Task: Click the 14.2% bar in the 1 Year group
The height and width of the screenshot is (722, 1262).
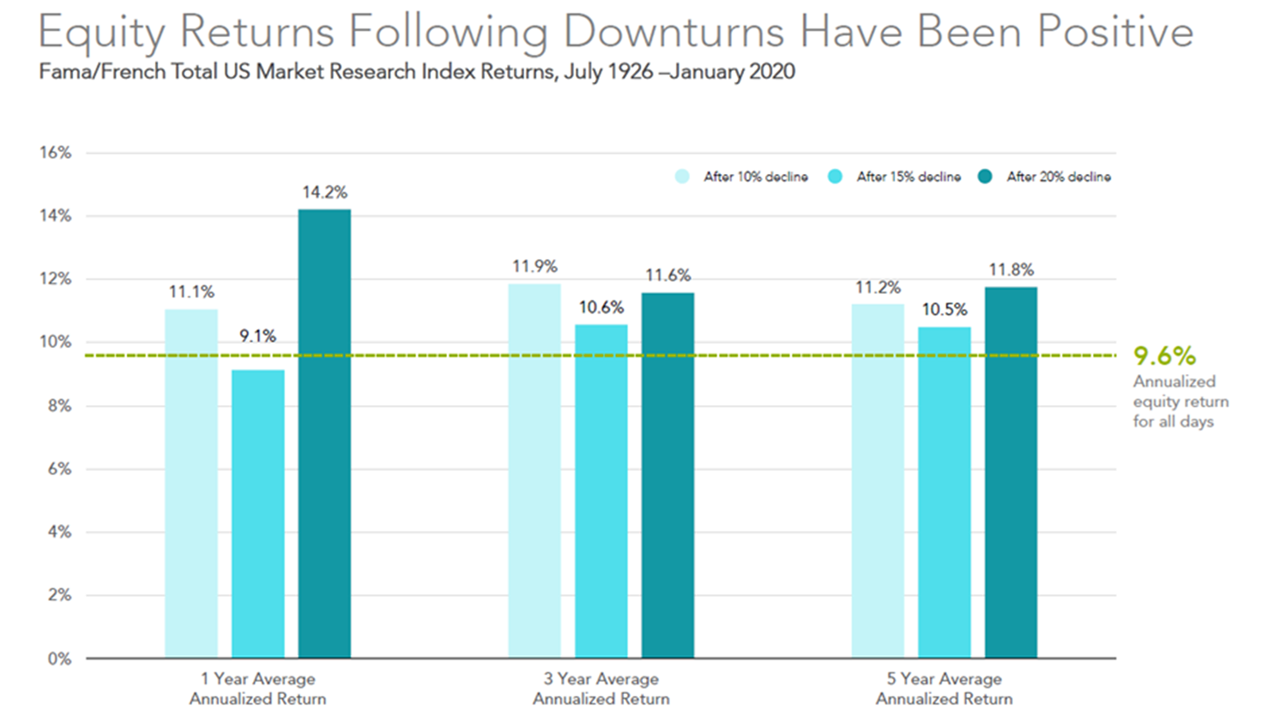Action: (x=324, y=433)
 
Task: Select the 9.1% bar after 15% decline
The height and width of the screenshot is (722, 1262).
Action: (x=258, y=514)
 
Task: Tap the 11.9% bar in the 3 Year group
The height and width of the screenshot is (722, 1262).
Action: (x=535, y=470)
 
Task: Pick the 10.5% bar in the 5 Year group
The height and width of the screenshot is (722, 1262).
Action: (x=944, y=492)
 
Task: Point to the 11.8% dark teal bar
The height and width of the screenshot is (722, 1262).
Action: (x=1011, y=472)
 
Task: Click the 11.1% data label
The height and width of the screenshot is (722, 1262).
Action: (x=192, y=292)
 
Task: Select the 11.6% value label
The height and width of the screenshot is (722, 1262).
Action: (x=668, y=275)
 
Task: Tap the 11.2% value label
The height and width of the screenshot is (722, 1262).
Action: (x=878, y=287)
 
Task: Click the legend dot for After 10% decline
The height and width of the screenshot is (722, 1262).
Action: (x=682, y=176)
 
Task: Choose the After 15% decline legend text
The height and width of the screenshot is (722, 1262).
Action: (x=908, y=176)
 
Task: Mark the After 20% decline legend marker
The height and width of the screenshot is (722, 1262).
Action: (x=985, y=176)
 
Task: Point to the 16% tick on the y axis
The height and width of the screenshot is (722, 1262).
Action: (x=55, y=153)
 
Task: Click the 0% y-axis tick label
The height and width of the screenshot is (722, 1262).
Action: (x=59, y=658)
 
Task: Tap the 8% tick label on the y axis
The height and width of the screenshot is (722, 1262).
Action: (x=59, y=405)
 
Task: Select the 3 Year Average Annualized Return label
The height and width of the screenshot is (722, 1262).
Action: (x=601, y=689)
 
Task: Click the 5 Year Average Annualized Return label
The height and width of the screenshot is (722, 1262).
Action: (x=944, y=689)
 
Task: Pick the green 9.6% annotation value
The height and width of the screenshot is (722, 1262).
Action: (x=1164, y=355)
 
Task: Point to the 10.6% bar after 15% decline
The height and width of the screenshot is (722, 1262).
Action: (x=601, y=491)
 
